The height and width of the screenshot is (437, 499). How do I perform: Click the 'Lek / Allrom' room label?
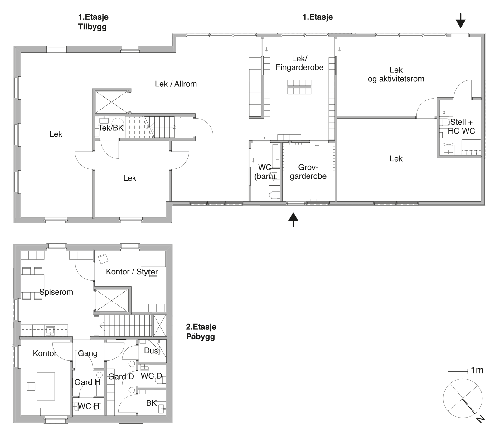pyautogui.click(x=176, y=84)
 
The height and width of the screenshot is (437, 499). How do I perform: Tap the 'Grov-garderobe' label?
pyautogui.click(x=308, y=172)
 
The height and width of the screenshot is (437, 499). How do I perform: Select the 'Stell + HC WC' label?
pyautogui.click(x=461, y=126)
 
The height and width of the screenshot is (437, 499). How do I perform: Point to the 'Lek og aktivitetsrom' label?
pyautogui.click(x=396, y=75)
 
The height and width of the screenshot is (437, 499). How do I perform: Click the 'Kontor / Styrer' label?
pyautogui.click(x=132, y=272)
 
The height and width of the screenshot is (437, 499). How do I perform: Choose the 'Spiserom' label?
pyautogui.click(x=56, y=292)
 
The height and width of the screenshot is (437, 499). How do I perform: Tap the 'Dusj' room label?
pyautogui.click(x=152, y=351)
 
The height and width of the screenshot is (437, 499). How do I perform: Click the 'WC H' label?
pyautogui.click(x=88, y=406)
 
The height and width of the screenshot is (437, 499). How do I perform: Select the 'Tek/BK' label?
pyautogui.click(x=111, y=128)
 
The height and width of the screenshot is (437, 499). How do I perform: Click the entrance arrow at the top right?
pyautogui.click(x=460, y=21)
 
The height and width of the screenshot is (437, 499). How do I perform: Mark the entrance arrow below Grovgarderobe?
pyautogui.click(x=293, y=220)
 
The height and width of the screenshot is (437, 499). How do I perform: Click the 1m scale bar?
pyautogui.click(x=458, y=371)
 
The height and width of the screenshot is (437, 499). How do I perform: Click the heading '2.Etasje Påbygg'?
pyautogui.click(x=201, y=332)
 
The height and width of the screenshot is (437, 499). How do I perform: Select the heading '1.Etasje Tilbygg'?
pyautogui.click(x=93, y=22)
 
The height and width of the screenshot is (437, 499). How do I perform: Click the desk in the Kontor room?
pyautogui.click(x=46, y=386)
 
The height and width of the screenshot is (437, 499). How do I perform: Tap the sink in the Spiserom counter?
pyautogui.click(x=50, y=330)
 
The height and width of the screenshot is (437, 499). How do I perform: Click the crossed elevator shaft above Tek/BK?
pyautogui.click(x=111, y=102)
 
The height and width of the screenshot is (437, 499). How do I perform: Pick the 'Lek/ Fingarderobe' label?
pyautogui.click(x=299, y=63)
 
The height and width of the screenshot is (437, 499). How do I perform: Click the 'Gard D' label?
pyautogui.click(x=121, y=377)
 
